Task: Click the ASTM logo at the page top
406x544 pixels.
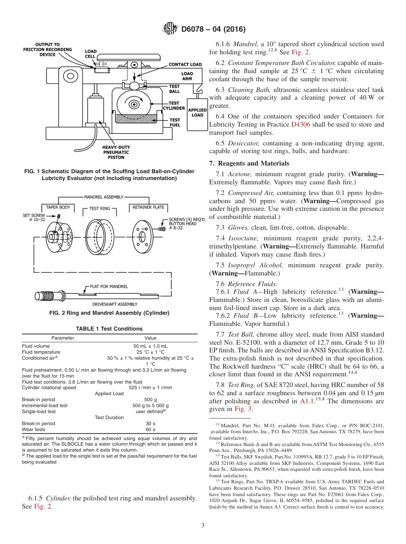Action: click(171, 29)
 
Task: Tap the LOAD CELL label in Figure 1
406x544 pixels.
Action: click(91, 54)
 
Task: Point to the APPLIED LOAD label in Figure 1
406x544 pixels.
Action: click(197, 112)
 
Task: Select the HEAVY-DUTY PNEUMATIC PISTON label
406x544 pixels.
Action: click(116, 152)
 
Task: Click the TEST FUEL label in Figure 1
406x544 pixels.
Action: click(175, 122)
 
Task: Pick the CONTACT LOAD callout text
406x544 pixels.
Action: click(185, 65)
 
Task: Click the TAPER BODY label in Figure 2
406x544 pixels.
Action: click(58, 207)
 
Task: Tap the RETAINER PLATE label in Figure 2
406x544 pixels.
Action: click(149, 207)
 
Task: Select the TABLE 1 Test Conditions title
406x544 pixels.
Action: click(109, 328)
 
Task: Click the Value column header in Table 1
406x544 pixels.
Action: click(150, 338)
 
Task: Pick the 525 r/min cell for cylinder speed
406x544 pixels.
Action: click(150, 387)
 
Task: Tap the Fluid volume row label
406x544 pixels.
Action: click(36, 346)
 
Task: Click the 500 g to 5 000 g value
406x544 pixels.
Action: click(150, 405)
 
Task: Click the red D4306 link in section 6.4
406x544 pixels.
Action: click(299, 124)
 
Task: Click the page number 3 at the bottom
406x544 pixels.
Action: click(203, 525)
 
